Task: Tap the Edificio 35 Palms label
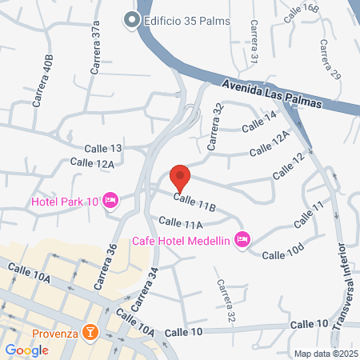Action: click(186, 20)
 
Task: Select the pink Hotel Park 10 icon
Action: click(111, 200)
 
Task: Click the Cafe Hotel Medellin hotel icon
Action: click(243, 240)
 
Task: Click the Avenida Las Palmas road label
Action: click(272, 94)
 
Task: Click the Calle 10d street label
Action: click(282, 254)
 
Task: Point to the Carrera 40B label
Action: click(43, 82)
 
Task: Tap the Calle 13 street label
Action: click(104, 149)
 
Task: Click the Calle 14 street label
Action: click(258, 121)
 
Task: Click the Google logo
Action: click(26, 350)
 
